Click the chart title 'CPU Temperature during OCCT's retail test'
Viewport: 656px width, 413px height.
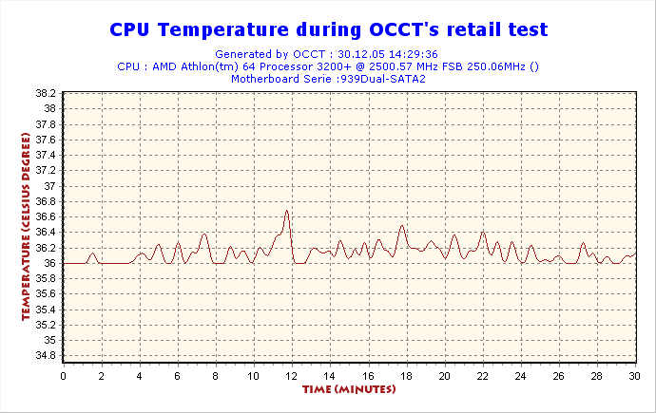(x=328, y=29)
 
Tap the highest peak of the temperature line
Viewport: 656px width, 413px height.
(x=286, y=211)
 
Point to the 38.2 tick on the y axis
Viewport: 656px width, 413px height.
(x=45, y=93)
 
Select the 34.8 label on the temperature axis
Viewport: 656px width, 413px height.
(x=45, y=355)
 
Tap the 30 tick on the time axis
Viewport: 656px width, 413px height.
(x=634, y=376)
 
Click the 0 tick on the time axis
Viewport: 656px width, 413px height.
(x=64, y=376)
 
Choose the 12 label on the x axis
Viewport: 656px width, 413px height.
(x=292, y=376)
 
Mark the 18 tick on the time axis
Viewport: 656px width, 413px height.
(x=406, y=376)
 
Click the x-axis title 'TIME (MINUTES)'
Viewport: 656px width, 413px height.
(x=349, y=389)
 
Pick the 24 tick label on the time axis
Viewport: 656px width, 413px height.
(x=520, y=376)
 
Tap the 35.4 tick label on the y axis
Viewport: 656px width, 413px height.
(x=45, y=309)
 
